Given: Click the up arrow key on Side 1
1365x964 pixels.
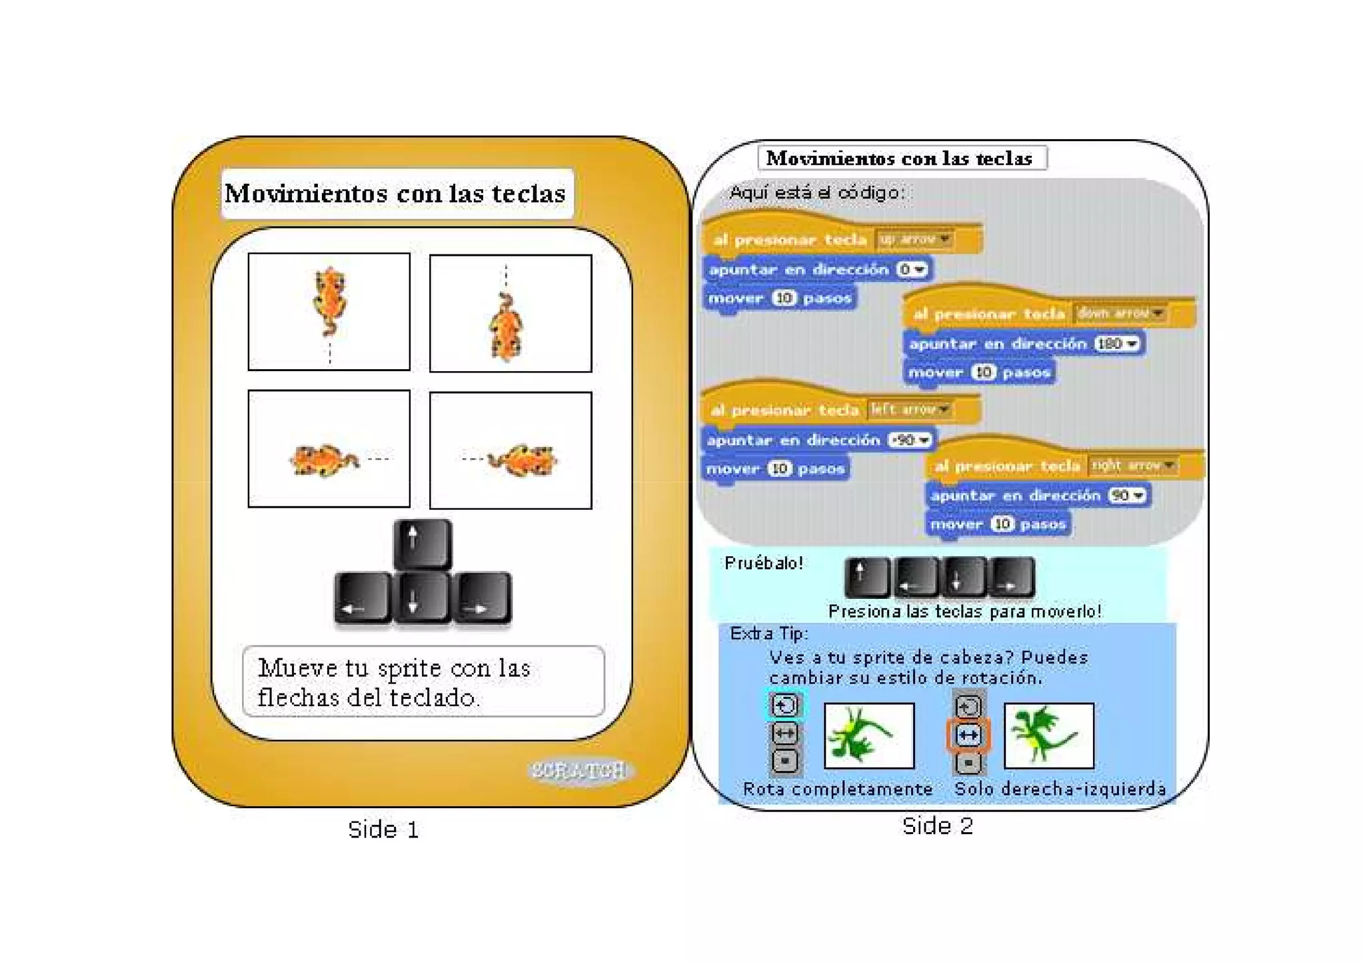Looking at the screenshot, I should pos(422,543).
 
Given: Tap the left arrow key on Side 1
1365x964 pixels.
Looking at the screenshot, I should pos(362,597).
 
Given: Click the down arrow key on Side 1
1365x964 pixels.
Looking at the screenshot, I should pos(421,597).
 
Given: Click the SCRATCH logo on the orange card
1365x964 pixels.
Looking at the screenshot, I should pos(579,771).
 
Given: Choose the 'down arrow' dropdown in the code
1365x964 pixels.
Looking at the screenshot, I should pos(1120,313).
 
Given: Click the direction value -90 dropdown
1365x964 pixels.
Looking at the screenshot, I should pos(910,440).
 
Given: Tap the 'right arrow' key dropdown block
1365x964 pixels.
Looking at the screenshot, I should pos(1133,465).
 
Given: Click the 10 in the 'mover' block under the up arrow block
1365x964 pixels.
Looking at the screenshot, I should pos(784,298).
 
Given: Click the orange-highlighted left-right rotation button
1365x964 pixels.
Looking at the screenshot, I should pos(968,735).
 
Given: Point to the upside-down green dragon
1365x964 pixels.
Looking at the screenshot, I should pos(868,735).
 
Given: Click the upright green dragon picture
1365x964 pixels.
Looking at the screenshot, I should pos(1048,735).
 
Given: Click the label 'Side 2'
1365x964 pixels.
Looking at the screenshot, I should pos(937,826).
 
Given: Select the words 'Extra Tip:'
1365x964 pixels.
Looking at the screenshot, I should pos(768,634).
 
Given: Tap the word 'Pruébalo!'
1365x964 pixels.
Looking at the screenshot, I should pos(764,564).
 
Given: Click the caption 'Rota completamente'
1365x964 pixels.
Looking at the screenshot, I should pos(838,789).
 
